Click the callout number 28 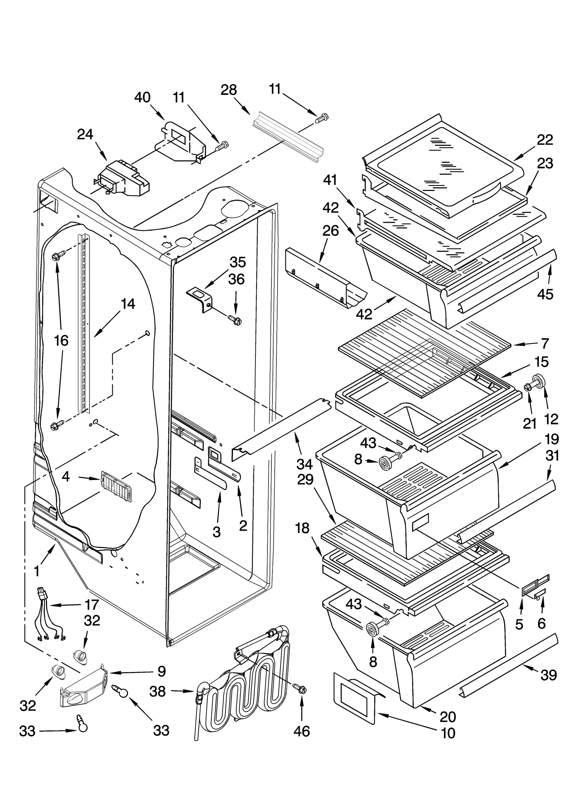[229, 90]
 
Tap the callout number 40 [142, 98]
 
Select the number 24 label [85, 135]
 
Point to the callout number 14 [128, 304]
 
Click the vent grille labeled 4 [116, 486]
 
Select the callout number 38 [157, 691]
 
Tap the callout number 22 [545, 140]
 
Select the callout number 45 [545, 294]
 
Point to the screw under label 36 [235, 320]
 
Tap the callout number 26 [330, 231]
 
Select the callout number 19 [551, 439]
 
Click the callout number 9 [161, 671]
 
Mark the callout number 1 [37, 571]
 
